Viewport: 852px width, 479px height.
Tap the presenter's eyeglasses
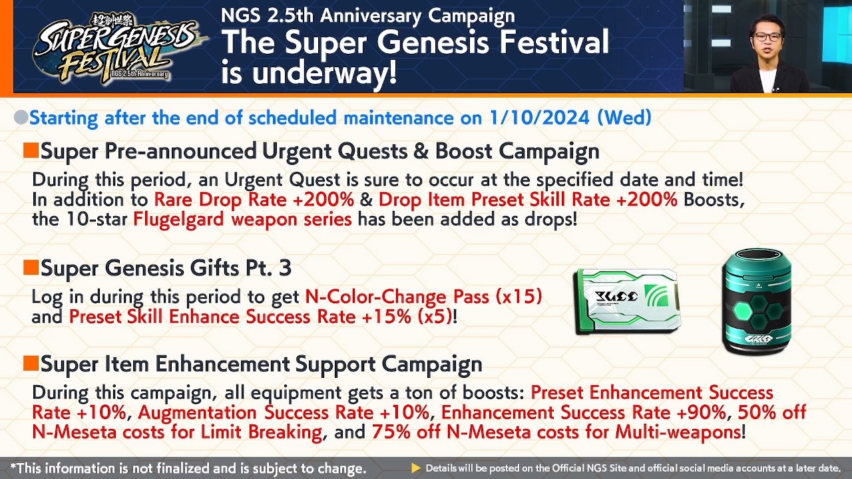(767, 37)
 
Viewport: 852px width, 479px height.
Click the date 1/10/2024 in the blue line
(539, 118)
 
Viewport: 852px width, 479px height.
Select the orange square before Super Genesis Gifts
(31, 267)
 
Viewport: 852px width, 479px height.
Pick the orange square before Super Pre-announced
(31, 151)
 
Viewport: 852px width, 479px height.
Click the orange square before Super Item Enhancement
(31, 363)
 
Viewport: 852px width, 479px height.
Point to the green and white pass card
(626, 301)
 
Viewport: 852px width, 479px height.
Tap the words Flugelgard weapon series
(242, 220)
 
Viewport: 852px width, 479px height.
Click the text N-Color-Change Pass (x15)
(423, 297)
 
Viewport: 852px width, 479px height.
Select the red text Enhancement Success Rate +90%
(583, 412)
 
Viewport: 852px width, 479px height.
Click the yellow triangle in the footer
(416, 468)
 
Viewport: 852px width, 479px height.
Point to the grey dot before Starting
(21, 118)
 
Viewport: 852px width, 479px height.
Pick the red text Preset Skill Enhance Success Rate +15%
(240, 317)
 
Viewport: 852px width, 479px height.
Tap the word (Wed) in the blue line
(624, 118)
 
